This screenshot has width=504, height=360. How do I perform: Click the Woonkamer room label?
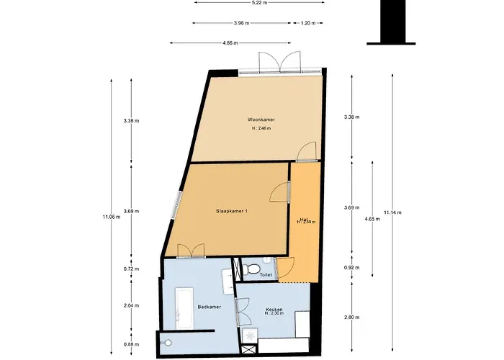[261, 120]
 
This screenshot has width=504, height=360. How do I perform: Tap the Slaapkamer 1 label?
[232, 211]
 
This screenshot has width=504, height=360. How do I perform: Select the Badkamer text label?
[209, 307]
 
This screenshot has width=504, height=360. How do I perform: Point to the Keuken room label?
[273, 310]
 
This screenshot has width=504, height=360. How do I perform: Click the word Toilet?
[265, 275]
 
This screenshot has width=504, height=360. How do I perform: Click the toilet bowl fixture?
[252, 269]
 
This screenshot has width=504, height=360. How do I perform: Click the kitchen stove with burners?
[249, 336]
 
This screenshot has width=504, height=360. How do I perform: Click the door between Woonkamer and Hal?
[307, 151]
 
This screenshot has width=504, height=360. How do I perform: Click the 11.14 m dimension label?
[392, 212]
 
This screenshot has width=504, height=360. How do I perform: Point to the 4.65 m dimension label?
[372, 218]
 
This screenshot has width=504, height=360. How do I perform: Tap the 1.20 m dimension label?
[307, 23]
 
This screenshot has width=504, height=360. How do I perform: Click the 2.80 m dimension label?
[351, 318]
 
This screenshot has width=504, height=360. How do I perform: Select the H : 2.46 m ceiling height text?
[261, 128]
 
